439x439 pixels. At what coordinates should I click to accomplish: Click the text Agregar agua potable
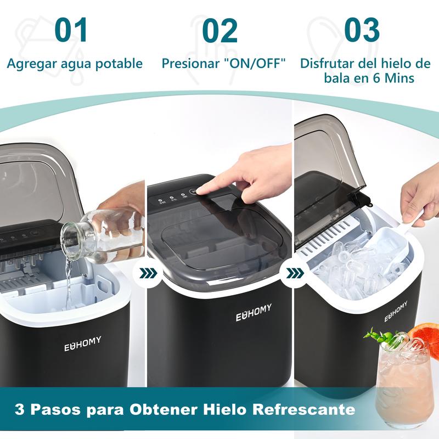[75, 63]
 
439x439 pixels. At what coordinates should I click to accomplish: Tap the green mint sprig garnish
[379, 336]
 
